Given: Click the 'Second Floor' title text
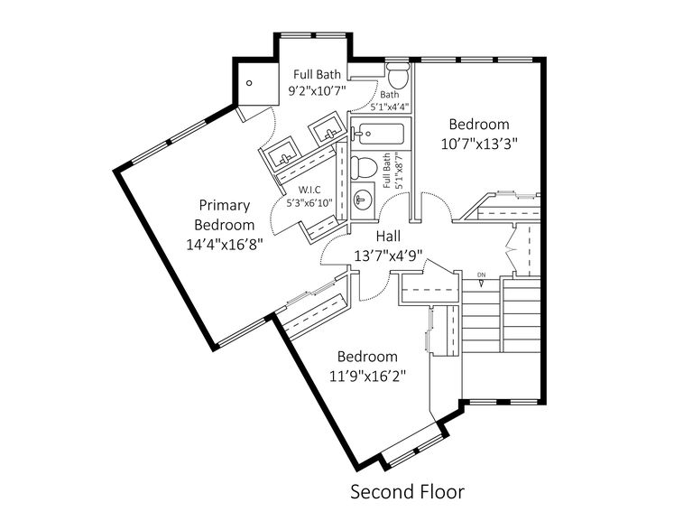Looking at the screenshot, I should click(407, 492).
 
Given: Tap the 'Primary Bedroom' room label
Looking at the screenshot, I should click(225, 214).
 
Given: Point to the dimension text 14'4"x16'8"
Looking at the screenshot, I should click(225, 243).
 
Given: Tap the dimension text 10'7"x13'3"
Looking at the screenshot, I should click(479, 143).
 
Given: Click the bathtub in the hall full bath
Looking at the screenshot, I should click(380, 135).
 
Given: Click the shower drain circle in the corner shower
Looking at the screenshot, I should click(250, 84).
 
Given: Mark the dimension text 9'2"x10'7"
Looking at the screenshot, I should click(316, 91).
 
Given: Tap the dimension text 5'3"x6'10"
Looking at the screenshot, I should click(309, 203).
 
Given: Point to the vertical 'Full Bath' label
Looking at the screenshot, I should click(388, 171).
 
